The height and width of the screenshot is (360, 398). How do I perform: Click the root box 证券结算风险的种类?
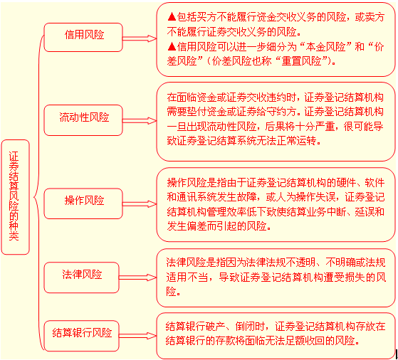click(x=15, y=197)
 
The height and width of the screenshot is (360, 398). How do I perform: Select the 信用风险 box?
click(x=83, y=37)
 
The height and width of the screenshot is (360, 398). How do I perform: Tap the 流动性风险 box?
click(x=83, y=120)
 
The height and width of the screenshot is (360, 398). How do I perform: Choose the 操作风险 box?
click(x=83, y=203)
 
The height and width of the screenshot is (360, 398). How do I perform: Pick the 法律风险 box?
click(x=81, y=277)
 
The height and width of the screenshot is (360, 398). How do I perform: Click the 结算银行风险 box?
click(x=81, y=336)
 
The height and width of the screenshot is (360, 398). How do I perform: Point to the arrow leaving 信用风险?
click(x=140, y=38)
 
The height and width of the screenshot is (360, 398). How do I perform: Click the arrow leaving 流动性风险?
click(x=140, y=121)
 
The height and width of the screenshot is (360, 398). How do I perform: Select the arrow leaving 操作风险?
click(x=140, y=204)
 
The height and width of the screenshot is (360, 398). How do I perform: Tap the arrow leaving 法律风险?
click(x=138, y=277)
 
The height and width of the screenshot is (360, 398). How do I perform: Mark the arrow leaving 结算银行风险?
click(x=138, y=336)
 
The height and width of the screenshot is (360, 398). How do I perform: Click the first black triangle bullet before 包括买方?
click(x=172, y=17)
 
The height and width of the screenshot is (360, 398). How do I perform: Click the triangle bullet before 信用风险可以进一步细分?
click(x=172, y=46)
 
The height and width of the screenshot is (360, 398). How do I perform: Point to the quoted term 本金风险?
click(x=325, y=47)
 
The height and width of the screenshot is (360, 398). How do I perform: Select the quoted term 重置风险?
click(x=301, y=61)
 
